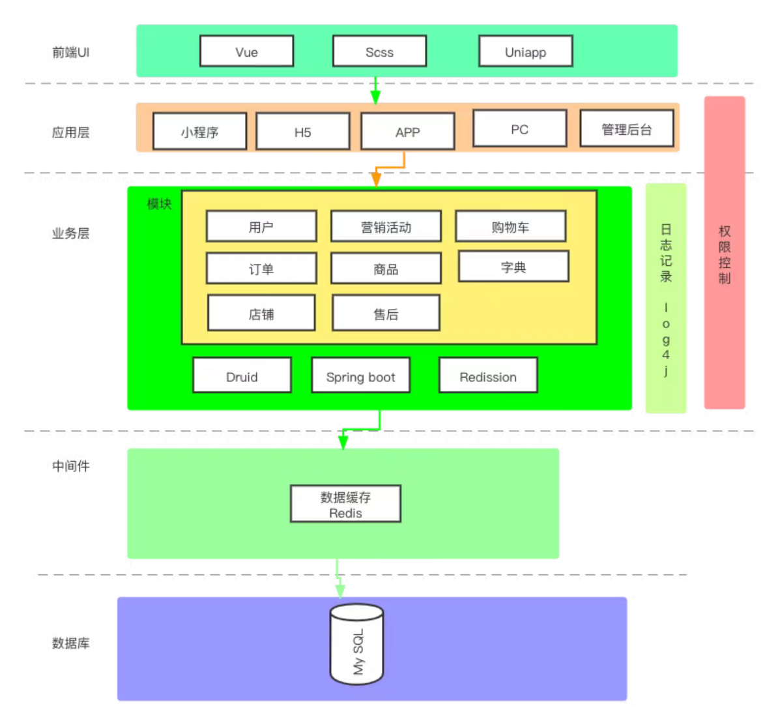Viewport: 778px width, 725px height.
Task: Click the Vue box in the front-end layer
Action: [246, 52]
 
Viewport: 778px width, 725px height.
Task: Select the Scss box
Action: [379, 52]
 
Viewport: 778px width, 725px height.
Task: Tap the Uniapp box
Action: [525, 52]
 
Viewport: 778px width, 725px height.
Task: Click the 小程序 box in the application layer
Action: [199, 132]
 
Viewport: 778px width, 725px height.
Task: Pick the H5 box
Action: [302, 132]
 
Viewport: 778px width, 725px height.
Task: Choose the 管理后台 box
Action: [626, 129]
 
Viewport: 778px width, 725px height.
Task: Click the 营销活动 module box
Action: [386, 227]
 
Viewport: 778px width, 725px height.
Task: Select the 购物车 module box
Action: [510, 227]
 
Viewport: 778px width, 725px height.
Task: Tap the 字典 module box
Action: [513, 267]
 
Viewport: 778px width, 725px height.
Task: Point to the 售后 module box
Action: [386, 314]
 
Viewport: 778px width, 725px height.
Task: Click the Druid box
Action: [242, 376]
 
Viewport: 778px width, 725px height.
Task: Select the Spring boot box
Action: [360, 376]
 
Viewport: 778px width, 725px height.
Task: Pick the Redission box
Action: [488, 376]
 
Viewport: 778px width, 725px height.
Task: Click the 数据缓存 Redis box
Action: [345, 504]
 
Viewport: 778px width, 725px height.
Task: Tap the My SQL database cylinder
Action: [356, 645]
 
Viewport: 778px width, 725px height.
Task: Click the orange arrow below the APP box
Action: [377, 178]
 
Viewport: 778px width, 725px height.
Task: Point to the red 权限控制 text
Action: [725, 254]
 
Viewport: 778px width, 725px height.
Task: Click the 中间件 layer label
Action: [70, 466]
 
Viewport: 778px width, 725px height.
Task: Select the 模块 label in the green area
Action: [159, 204]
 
